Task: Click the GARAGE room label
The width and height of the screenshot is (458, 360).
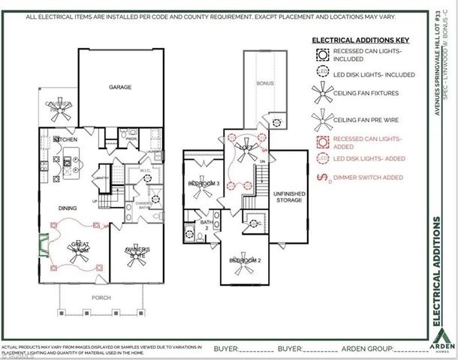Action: (120, 87)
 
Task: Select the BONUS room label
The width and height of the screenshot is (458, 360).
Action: (264, 83)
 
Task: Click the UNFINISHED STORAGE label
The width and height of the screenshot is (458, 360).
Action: (288, 196)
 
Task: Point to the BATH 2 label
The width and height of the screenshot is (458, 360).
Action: (206, 226)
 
